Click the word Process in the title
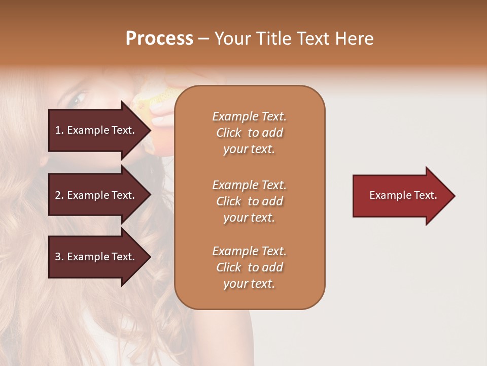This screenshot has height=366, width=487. click(x=159, y=39)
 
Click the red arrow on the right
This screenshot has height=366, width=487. click(x=401, y=196)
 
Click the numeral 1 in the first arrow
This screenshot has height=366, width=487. click(x=58, y=130)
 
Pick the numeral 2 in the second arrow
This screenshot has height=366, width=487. click(x=58, y=195)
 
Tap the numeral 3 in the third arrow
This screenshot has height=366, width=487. click(x=58, y=257)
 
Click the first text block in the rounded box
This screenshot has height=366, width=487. click(x=249, y=133)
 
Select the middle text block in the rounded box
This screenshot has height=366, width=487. click(x=249, y=201)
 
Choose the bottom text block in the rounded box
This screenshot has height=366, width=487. click(x=249, y=267)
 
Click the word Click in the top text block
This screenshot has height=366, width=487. click(x=229, y=133)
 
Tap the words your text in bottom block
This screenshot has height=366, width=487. click(x=249, y=284)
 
